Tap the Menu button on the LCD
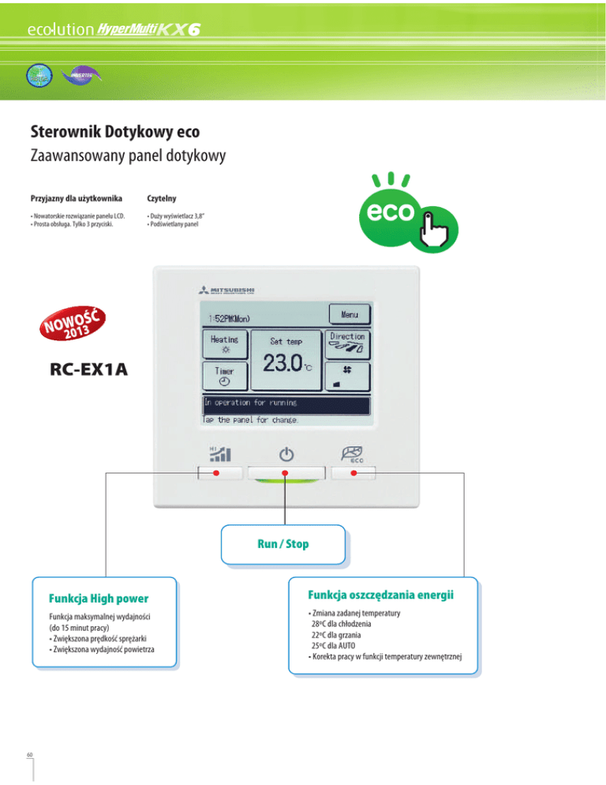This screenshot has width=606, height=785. coord(350,314)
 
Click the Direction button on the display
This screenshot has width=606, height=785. coord(348,343)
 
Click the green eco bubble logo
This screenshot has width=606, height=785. coord(392,214)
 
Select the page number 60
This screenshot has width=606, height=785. coord(29,752)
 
